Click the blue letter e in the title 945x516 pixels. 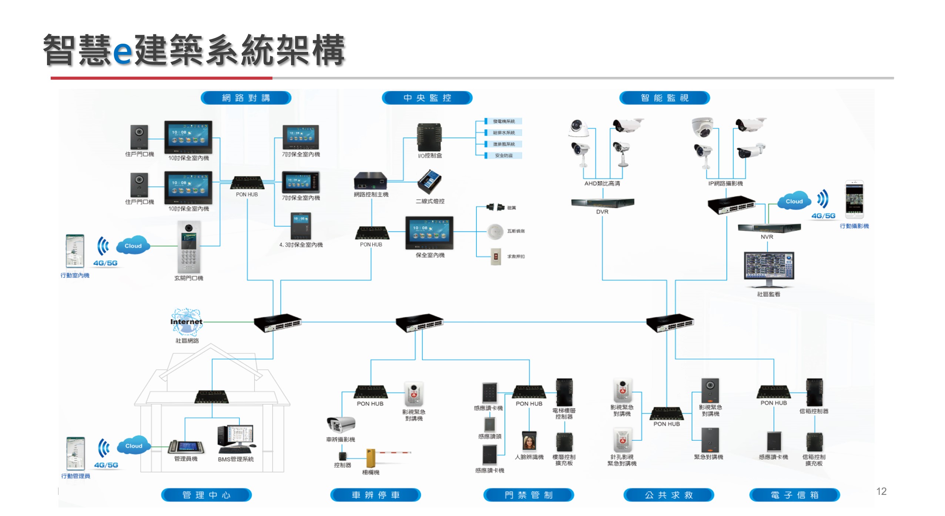122,51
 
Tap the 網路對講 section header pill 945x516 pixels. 246,98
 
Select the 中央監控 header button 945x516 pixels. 427,98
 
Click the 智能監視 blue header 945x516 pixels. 664,98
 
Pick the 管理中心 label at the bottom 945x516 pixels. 206,495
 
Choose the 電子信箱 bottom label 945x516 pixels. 794,495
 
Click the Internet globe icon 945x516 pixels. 187,321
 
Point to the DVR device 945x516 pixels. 602,203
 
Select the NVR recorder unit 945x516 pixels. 769,228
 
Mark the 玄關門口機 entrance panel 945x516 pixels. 189,247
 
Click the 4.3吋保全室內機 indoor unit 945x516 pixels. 301,226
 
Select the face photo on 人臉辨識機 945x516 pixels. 529,441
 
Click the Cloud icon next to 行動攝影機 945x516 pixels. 794,201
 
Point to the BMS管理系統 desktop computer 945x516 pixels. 235,439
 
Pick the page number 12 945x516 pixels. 881,491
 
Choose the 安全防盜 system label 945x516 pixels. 503,156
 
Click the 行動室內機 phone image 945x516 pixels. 75,251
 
